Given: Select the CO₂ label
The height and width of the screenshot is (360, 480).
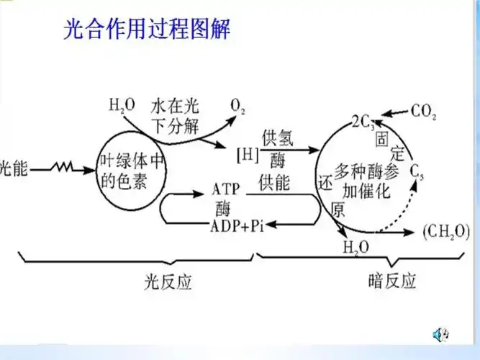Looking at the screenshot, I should [x=424, y=112].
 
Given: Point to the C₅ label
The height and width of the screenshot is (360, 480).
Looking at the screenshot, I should [x=417, y=171].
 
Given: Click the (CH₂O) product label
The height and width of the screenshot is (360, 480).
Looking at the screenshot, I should [x=445, y=232].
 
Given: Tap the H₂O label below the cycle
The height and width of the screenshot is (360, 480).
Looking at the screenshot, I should [x=356, y=248].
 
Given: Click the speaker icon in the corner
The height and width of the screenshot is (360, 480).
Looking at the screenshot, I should [x=440, y=335].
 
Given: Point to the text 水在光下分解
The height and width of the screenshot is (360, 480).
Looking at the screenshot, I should [x=175, y=116].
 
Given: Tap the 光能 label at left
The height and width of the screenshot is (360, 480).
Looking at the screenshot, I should [x=14, y=168].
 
